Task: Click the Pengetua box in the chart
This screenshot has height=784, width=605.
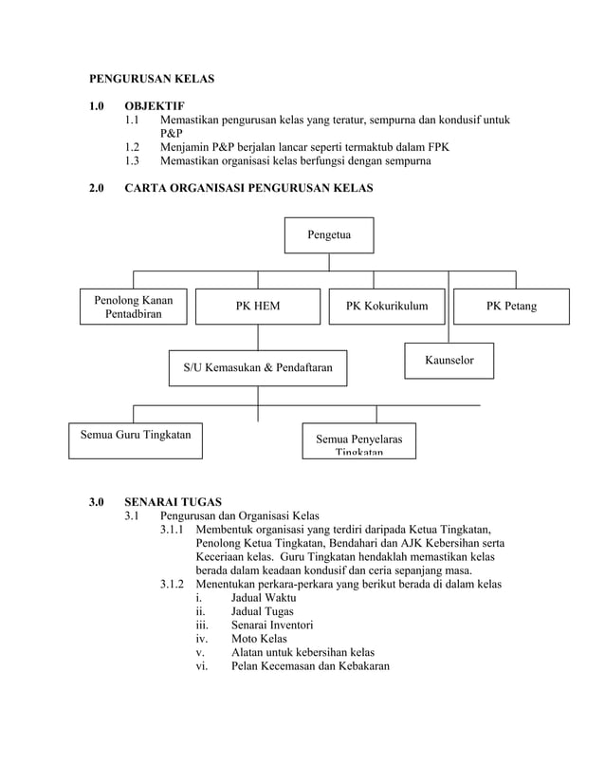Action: click(x=329, y=235)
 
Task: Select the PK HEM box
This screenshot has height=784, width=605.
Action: click(x=258, y=307)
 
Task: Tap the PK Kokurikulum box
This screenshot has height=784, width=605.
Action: click(x=386, y=307)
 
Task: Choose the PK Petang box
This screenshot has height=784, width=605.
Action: click(x=511, y=307)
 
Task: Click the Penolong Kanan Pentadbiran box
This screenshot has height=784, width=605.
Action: click(x=133, y=307)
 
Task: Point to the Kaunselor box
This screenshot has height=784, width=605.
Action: click(x=449, y=361)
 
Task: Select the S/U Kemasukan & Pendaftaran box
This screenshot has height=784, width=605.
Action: click(x=257, y=367)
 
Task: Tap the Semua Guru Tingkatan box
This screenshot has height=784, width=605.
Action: click(x=133, y=436)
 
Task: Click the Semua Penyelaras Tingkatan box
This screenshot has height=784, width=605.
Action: click(x=358, y=443)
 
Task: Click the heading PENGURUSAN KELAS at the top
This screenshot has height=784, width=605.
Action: click(x=152, y=78)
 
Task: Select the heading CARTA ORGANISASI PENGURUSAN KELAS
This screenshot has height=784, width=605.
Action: click(x=248, y=189)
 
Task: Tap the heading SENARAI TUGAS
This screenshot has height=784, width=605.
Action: click(x=173, y=501)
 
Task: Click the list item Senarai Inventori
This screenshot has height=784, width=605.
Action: click(x=272, y=625)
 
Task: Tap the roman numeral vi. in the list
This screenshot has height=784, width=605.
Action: click(x=201, y=666)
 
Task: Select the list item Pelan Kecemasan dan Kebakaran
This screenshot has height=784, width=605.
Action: click(x=309, y=666)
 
